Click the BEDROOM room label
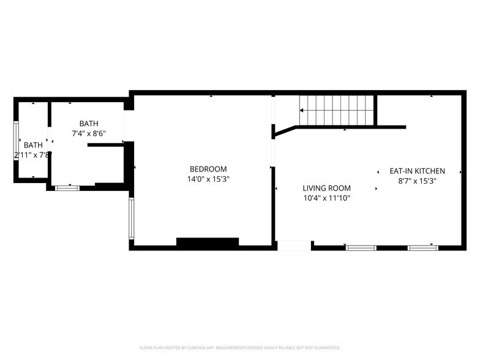point(208,169)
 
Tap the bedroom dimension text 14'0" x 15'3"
point(208,179)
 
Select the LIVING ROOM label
point(326,188)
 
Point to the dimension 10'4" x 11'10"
point(326,198)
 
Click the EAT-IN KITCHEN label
point(418,171)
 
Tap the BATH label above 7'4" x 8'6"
point(88,124)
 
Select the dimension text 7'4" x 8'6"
point(89,133)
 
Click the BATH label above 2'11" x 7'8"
point(34,145)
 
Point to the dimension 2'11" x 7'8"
point(32,156)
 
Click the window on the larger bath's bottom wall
point(67,188)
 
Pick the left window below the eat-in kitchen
point(361,248)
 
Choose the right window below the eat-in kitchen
point(423,248)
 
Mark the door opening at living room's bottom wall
point(294,246)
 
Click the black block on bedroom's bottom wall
point(207,242)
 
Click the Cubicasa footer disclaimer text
point(240,347)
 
